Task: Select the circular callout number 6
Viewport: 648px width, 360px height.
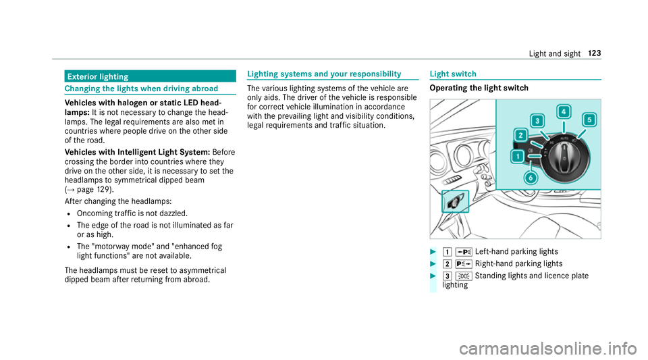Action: tap(531, 178)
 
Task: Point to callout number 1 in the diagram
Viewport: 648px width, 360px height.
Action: tap(517, 157)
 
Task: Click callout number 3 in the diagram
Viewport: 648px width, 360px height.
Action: tap(537, 121)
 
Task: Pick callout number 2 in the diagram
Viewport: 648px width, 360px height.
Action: tap(522, 135)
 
